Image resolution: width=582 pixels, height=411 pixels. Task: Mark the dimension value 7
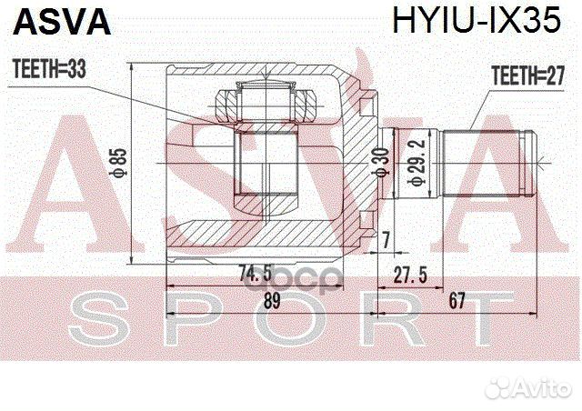point(386,239)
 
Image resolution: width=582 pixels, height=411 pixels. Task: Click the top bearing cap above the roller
point(265,95)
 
